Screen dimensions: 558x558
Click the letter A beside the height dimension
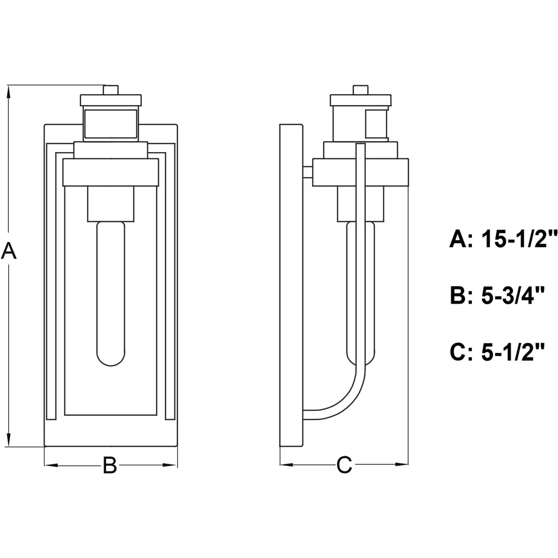coord(9,250)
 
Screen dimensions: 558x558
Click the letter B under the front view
coord(110,465)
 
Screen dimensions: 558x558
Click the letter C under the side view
coord(344,465)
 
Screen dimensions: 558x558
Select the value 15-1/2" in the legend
coord(519,239)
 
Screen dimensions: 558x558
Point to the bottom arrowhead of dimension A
coord(9,440)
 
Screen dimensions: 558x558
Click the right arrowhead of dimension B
coord(171,465)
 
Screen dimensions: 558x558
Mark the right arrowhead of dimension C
coord(402,464)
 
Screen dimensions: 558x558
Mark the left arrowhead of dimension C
coord(287,464)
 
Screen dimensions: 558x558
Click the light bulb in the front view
coord(111,294)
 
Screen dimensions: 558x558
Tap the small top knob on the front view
coord(111,90)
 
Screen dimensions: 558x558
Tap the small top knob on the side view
coord(361,90)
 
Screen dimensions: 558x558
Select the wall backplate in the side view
coord(291,286)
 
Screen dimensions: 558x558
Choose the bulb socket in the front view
coord(111,204)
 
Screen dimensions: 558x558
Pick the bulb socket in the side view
coord(361,204)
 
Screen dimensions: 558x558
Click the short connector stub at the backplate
coord(308,173)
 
